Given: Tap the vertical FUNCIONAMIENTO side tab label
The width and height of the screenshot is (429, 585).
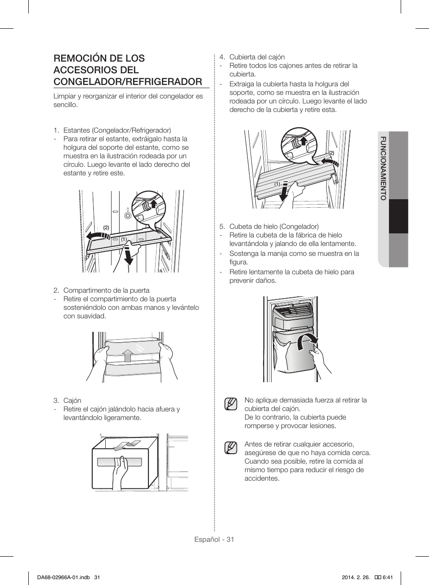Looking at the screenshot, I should click(x=383, y=168).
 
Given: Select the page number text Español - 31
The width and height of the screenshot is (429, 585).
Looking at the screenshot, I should click(x=214, y=540).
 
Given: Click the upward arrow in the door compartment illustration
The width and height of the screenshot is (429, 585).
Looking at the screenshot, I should click(x=128, y=355).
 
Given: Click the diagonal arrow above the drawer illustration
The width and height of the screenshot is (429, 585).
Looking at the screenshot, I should click(x=124, y=446).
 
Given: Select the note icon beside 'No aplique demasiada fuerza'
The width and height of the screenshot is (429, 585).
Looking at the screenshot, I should click(x=231, y=404).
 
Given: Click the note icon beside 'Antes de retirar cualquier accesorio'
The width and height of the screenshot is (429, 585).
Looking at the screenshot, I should click(x=231, y=448).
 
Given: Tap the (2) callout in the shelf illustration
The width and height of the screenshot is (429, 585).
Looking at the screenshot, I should click(x=106, y=228).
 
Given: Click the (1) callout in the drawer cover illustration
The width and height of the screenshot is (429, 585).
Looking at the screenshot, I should click(x=277, y=184).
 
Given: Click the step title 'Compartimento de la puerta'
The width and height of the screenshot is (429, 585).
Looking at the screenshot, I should click(x=106, y=290).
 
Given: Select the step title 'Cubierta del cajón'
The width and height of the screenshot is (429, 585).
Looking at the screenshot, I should click(x=257, y=57).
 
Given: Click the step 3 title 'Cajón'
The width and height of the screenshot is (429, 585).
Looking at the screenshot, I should click(x=72, y=401).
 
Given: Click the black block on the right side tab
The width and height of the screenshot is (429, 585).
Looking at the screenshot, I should click(x=398, y=216).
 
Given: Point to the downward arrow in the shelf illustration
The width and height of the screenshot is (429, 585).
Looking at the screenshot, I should click(x=129, y=254).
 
